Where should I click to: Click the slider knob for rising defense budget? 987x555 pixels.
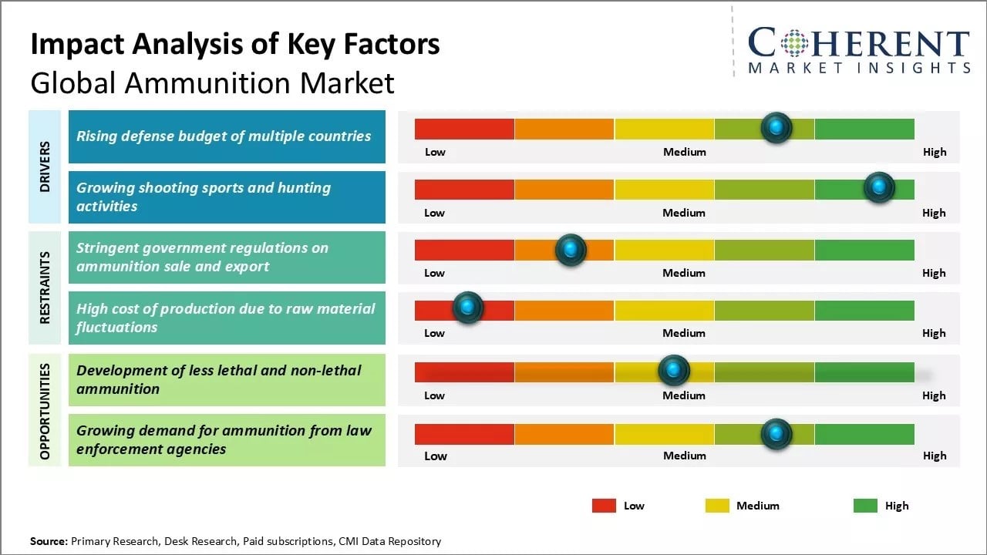click(776, 127)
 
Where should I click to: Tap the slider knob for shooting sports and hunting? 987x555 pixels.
click(878, 187)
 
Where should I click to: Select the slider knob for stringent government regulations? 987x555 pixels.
click(571, 249)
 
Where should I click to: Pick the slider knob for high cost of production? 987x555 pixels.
click(467, 308)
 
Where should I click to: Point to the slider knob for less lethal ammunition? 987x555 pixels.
click(674, 371)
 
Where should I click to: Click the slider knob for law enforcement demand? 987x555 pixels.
click(776, 434)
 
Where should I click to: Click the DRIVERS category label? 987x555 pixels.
click(45, 166)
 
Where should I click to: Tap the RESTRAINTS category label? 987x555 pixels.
click(45, 288)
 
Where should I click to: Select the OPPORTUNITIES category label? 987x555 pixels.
click(45, 411)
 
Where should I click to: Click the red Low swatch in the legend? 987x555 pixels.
click(604, 506)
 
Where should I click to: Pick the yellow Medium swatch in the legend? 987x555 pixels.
click(717, 506)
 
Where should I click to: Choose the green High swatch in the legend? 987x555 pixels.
click(865, 506)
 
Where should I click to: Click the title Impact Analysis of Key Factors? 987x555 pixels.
click(235, 45)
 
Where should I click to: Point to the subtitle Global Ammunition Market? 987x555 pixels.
click(212, 82)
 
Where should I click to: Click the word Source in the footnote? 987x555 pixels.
click(48, 541)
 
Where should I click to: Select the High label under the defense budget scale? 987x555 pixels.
click(934, 152)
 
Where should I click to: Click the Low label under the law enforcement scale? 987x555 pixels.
click(435, 456)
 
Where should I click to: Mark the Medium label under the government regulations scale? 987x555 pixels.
click(684, 273)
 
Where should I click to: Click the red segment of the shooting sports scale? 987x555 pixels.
click(464, 190)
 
